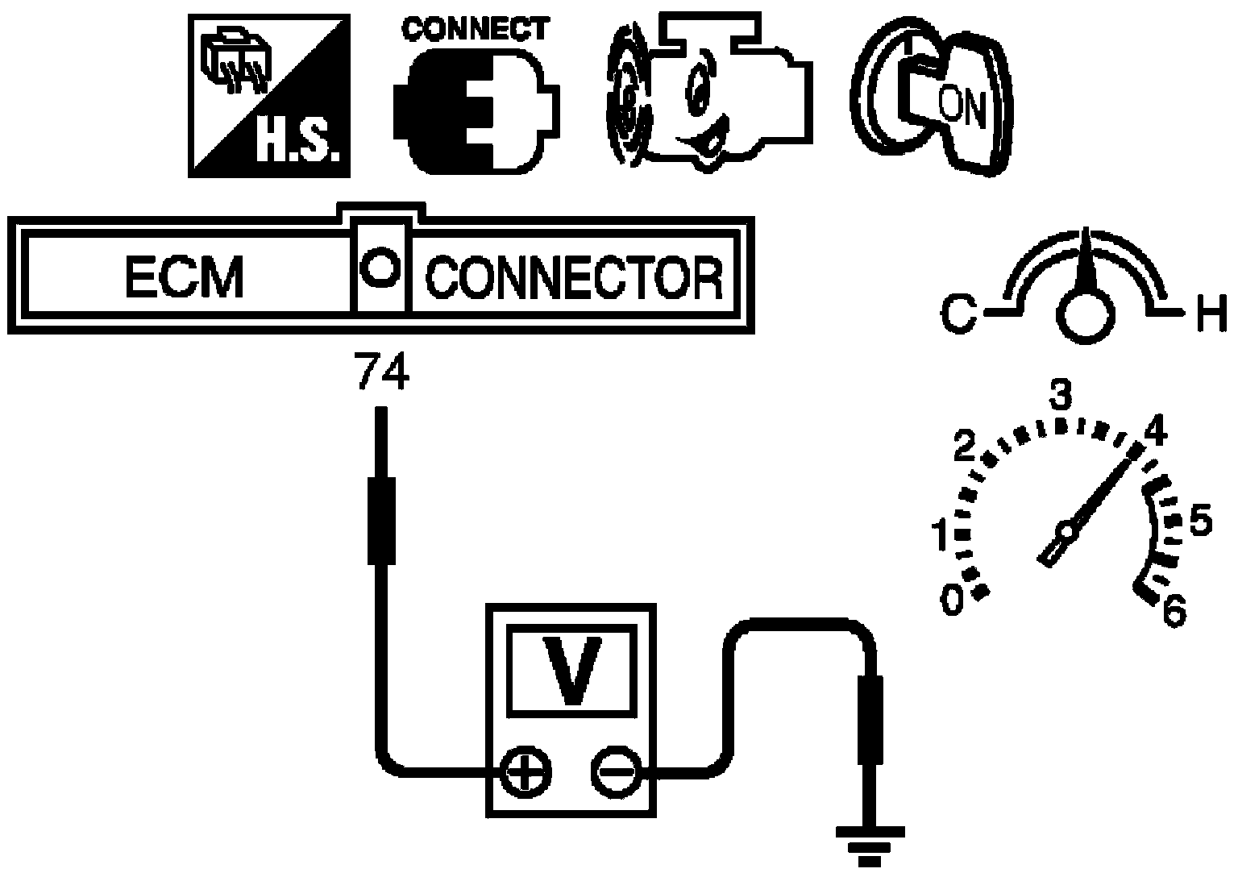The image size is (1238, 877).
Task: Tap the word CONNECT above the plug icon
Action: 476,29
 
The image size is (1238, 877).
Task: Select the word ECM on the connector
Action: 185,277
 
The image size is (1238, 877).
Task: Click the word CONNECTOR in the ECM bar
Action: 575,277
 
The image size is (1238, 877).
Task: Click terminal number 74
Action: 383,372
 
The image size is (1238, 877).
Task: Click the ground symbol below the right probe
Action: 870,846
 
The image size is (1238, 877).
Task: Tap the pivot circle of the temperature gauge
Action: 1086,315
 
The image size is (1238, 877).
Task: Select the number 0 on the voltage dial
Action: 952,601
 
